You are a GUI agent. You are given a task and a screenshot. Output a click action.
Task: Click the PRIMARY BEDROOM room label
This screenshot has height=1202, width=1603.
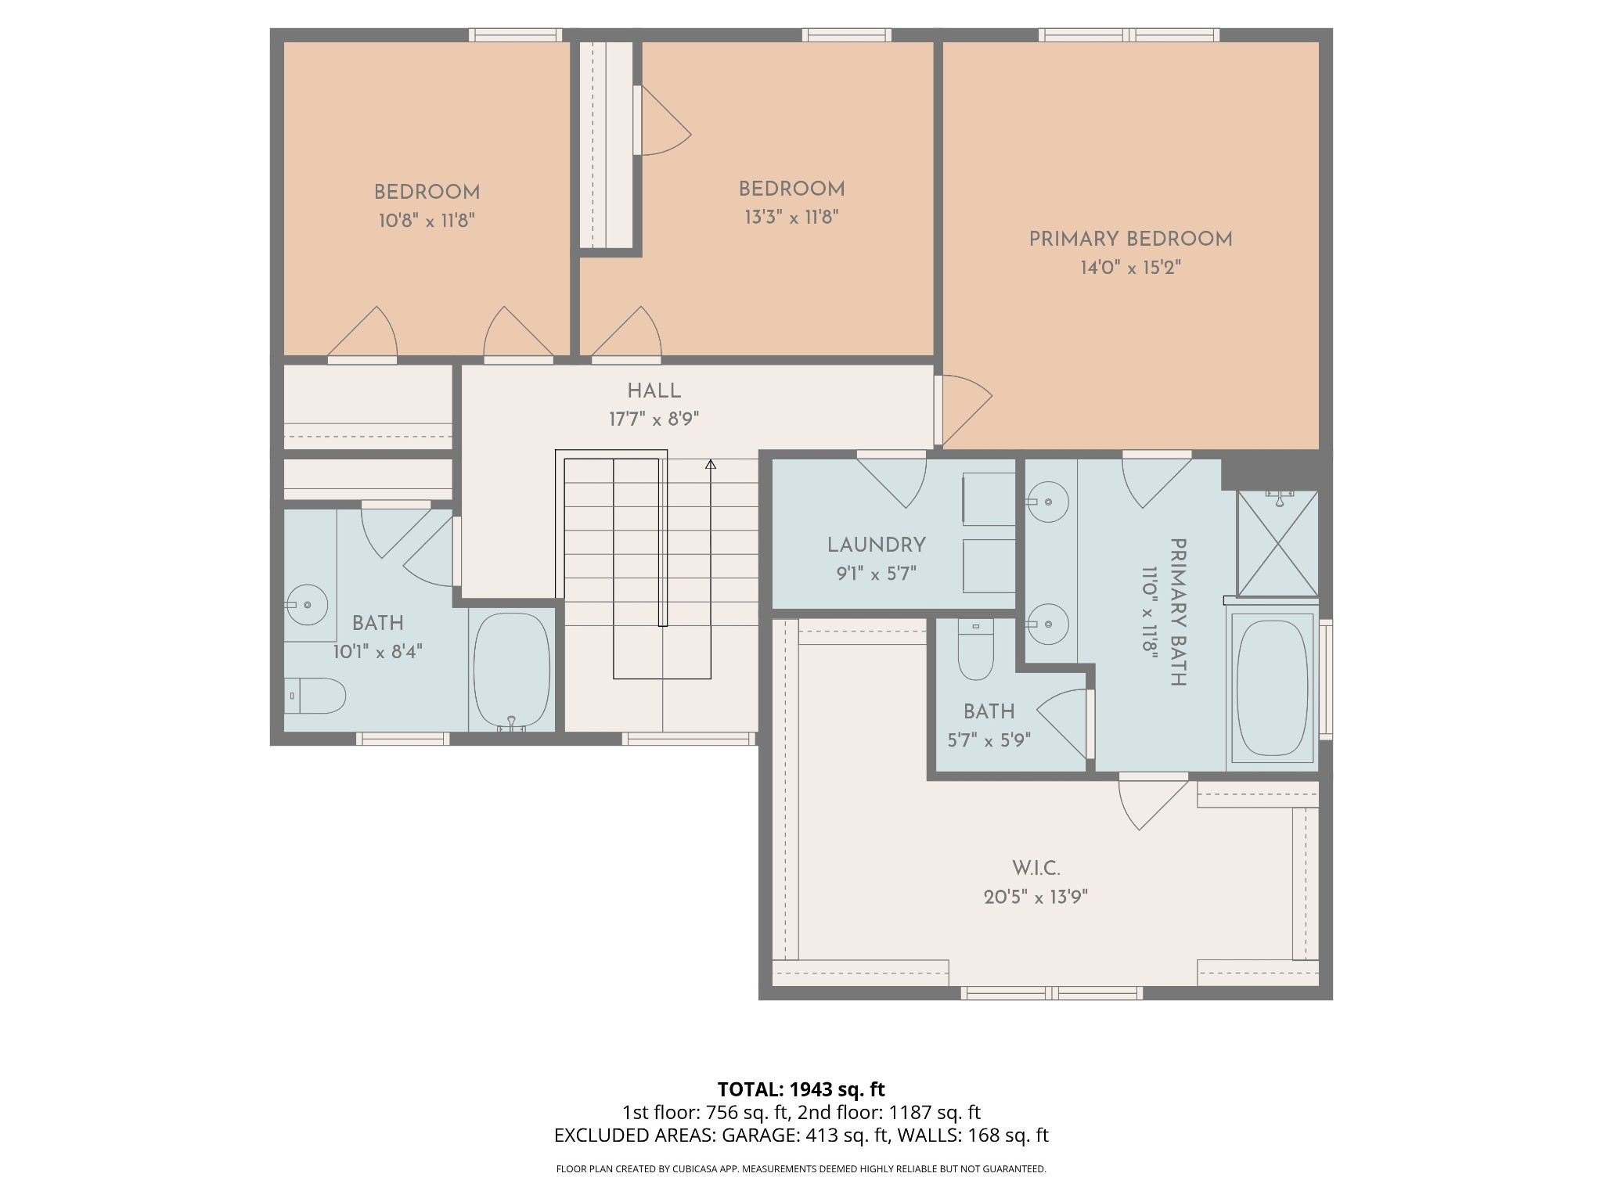[x=1129, y=239]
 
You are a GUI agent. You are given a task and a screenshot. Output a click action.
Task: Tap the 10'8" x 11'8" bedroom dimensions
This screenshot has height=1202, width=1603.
[x=427, y=221]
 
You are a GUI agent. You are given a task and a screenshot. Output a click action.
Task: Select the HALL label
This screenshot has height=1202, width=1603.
[x=654, y=391]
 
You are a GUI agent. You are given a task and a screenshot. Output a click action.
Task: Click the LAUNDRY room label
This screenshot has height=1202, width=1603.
[x=876, y=545]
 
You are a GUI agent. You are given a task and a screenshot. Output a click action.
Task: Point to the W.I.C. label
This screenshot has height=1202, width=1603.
[x=1036, y=869]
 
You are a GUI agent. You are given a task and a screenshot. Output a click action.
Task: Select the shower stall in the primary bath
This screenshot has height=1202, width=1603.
[x=1277, y=544]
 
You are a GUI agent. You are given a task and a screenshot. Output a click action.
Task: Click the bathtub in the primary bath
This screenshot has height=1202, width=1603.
[x=1272, y=689]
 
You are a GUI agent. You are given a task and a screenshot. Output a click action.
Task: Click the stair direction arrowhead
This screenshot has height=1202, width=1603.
[x=710, y=465]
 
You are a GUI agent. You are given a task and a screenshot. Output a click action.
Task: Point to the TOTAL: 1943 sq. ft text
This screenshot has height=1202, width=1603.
[x=801, y=1089]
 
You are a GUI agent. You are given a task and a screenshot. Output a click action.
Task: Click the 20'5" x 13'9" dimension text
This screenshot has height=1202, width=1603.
[x=1036, y=898]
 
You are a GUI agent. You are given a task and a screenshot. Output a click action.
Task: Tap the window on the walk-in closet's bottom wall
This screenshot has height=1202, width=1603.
[x=1051, y=993]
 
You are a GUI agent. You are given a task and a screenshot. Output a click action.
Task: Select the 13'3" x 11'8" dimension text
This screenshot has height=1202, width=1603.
[x=791, y=218]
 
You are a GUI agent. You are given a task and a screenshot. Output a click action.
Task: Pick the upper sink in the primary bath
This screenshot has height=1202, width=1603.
[x=1048, y=502]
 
